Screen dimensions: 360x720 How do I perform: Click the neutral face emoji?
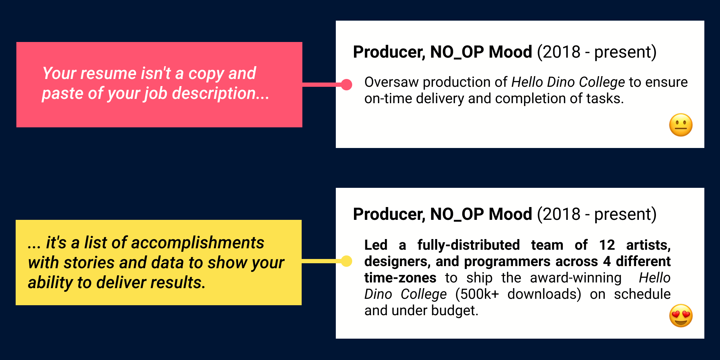(681, 125)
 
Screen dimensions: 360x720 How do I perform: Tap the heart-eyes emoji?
(681, 316)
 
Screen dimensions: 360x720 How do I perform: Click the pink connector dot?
(346, 85)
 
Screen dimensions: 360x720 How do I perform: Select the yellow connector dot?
(346, 261)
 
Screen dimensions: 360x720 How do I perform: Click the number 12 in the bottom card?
(607, 245)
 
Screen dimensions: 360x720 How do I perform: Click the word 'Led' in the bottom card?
(376, 245)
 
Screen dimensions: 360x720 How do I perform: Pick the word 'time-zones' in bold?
(400, 278)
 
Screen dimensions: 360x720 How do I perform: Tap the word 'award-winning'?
(575, 278)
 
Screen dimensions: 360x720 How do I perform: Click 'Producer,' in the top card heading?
(389, 52)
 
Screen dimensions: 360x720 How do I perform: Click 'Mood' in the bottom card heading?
(510, 215)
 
